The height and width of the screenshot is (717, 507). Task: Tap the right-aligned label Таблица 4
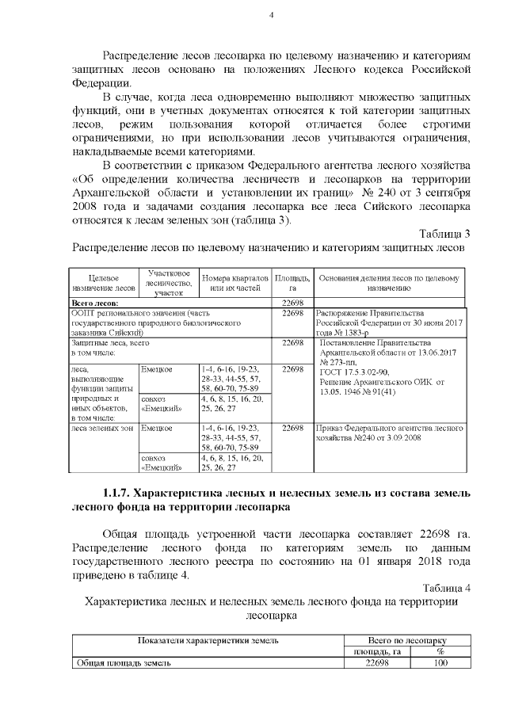(x=444, y=587)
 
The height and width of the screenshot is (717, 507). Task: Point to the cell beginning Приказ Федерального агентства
(x=389, y=433)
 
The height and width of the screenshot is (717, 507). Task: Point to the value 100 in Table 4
(x=440, y=663)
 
